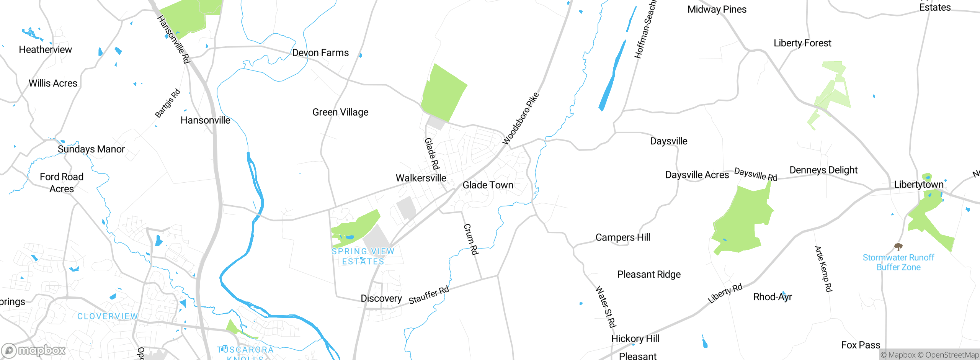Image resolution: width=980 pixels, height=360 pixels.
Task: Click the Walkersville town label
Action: (x=421, y=178)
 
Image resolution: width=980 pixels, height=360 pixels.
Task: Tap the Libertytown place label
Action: (x=919, y=185)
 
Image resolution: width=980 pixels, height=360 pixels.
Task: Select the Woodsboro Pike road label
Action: (x=520, y=118)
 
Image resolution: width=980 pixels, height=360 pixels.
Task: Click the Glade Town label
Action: (x=488, y=185)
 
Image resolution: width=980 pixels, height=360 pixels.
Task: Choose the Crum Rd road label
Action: (x=471, y=239)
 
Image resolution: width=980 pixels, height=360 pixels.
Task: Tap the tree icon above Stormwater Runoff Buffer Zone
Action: (x=898, y=247)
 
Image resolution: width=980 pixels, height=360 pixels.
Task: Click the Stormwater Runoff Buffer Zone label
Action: (x=898, y=262)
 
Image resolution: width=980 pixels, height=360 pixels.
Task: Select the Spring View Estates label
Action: (x=363, y=256)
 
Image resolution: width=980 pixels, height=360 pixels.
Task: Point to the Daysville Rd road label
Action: (x=756, y=174)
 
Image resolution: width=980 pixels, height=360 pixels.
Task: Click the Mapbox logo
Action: (x=34, y=350)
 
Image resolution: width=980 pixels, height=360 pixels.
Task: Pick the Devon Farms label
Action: (x=320, y=53)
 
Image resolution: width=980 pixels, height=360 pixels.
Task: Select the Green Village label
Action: (x=340, y=112)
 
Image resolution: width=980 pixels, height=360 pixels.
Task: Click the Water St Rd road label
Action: (x=606, y=307)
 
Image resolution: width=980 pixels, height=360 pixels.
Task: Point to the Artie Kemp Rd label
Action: (x=823, y=269)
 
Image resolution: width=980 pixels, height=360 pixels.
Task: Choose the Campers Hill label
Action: (x=623, y=237)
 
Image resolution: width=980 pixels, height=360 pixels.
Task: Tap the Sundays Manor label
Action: (x=91, y=149)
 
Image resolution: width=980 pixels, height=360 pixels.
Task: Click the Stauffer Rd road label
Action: (x=429, y=295)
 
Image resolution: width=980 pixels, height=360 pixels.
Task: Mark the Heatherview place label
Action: (x=45, y=50)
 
